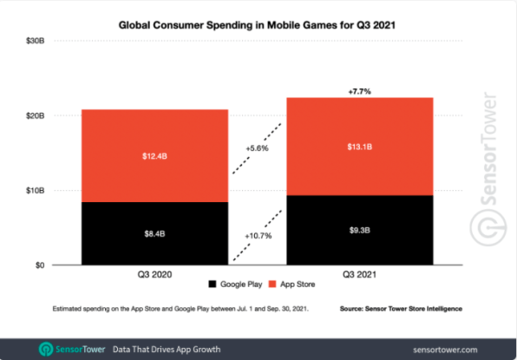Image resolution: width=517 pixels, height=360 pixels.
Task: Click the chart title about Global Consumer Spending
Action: coord(258,26)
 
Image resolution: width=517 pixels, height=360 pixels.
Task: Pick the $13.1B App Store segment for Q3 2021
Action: coord(360,147)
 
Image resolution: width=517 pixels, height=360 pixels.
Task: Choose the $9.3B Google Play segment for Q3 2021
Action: coord(360,230)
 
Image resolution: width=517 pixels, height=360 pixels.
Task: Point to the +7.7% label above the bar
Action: coord(360,90)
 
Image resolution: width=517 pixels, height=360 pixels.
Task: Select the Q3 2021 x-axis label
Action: coord(360,275)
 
